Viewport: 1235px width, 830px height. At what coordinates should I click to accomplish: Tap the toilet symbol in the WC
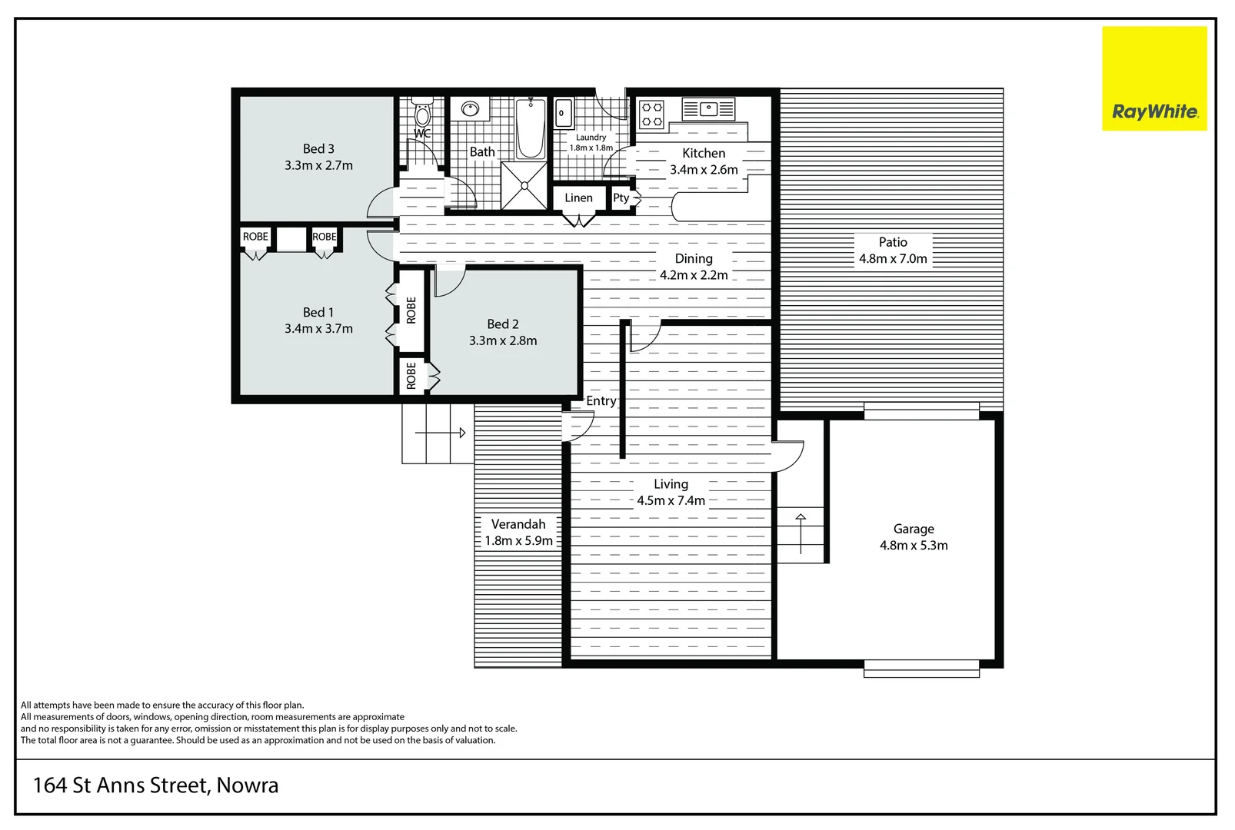422,115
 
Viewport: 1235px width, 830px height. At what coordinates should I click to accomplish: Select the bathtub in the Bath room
530,128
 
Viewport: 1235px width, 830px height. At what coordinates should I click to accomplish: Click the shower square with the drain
524,185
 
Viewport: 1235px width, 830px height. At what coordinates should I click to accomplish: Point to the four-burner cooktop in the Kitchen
652,114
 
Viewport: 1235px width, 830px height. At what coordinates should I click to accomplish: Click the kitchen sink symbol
709,109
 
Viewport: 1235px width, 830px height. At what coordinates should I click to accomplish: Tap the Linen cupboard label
578,198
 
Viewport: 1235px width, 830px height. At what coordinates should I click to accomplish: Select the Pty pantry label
621,198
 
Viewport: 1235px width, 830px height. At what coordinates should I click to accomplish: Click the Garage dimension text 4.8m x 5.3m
913,546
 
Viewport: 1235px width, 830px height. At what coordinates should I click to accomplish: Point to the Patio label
892,242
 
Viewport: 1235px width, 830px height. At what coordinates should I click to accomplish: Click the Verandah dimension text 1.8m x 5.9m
518,541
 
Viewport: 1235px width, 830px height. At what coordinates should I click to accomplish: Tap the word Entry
601,401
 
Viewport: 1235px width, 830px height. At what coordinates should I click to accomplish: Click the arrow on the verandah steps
461,433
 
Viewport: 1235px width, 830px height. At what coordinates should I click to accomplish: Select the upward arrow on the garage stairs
800,519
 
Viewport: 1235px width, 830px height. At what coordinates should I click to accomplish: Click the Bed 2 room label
502,324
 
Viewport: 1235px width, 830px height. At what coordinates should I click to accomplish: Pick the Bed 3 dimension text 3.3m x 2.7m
318,165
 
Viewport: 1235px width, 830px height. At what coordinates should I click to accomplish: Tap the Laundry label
591,138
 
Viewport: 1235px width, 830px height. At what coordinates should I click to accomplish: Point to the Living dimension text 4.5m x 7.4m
671,501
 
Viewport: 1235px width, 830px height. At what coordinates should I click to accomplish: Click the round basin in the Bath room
470,109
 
